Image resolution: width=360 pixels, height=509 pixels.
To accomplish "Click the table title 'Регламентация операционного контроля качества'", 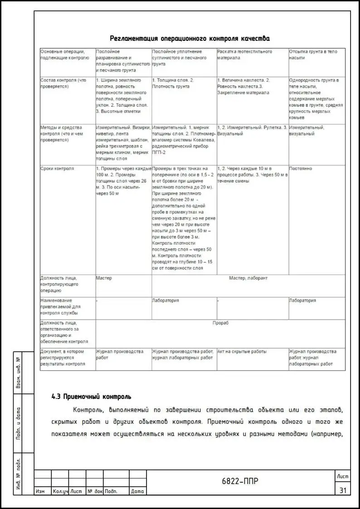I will (x=190, y=39).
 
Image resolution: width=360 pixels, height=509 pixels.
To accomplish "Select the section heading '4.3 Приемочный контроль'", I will (x=91, y=397).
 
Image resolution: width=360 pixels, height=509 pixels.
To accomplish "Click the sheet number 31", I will (x=342, y=490).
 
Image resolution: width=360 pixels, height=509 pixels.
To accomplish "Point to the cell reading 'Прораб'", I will (x=220, y=323).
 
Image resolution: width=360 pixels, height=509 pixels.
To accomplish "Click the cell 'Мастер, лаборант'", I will (x=248, y=278).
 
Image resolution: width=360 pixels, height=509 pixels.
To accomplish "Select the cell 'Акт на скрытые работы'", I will (x=242, y=352).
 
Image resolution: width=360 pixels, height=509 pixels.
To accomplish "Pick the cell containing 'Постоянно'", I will (x=301, y=169).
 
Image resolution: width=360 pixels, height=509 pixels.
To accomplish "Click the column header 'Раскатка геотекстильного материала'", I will (x=245, y=55).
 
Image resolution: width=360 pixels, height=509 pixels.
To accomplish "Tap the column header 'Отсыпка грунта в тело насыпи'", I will (x=313, y=55).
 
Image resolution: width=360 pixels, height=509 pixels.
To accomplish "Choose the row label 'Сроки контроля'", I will (x=57, y=169).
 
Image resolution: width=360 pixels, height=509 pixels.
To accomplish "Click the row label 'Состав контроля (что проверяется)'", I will (x=63, y=83).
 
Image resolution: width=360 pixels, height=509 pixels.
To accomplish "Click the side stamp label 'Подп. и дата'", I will (x=18, y=423).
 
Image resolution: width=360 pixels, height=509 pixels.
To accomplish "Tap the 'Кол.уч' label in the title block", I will (x=60, y=491).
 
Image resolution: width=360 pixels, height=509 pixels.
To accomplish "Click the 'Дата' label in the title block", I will (x=137, y=491).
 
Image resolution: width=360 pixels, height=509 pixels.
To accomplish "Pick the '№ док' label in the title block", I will (x=95, y=491).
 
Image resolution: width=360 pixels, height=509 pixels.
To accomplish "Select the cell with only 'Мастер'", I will (x=104, y=278).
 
